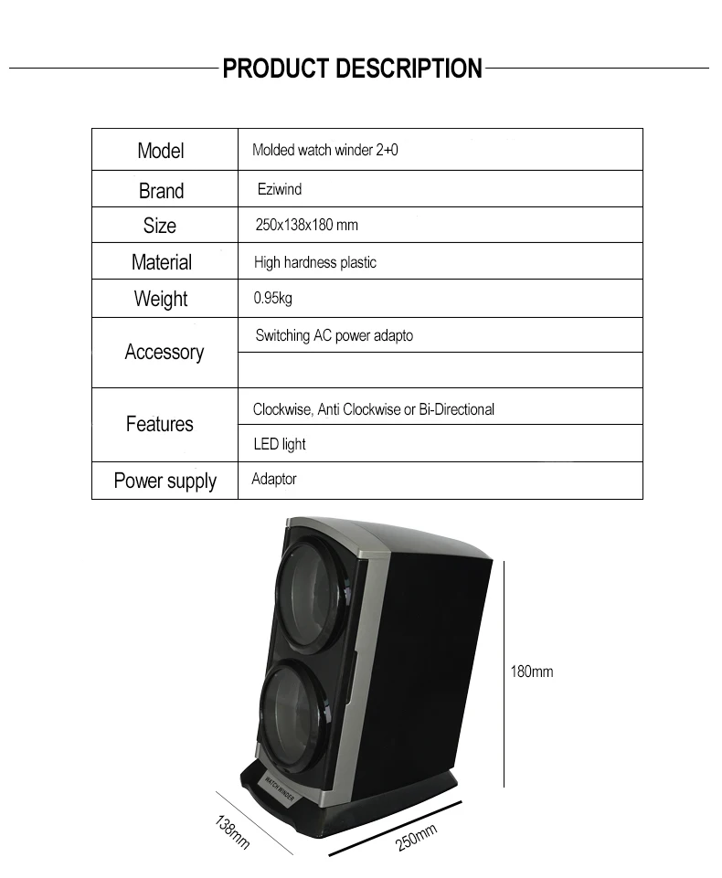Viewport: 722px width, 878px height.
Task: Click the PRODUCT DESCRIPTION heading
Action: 352,69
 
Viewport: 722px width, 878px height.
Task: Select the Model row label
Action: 161,151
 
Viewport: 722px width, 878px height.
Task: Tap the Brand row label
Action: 161,191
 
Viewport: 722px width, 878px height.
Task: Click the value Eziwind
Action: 279,189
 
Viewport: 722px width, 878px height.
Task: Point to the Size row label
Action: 160,226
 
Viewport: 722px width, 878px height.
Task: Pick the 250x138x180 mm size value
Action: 305,225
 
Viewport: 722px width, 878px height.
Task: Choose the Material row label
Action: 162,262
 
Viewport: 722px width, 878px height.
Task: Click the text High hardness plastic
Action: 314,262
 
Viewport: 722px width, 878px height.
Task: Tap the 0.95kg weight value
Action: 272,298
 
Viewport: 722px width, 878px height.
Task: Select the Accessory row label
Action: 165,352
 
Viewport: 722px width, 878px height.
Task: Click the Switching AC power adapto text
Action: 334,335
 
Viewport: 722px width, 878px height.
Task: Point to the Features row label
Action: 160,424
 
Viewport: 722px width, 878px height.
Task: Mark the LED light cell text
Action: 279,444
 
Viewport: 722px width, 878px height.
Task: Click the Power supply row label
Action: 165,481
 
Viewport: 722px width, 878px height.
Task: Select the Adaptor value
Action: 274,479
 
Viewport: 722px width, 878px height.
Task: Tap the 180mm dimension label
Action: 531,672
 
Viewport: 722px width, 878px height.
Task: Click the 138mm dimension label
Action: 232,832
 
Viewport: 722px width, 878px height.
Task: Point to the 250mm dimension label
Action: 417,838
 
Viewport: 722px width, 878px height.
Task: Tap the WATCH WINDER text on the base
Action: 284,785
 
